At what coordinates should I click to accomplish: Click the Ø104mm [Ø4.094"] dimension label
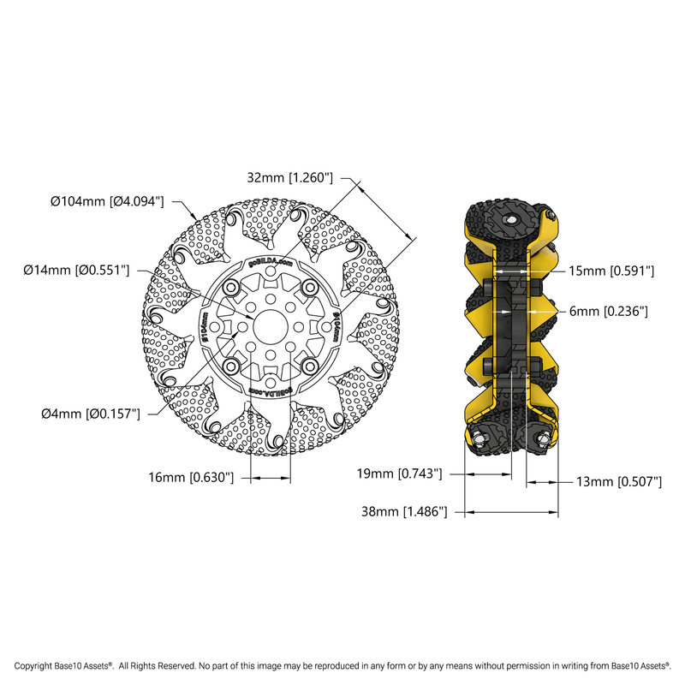click(107, 202)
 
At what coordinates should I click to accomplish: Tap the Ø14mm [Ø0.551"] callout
click(77, 271)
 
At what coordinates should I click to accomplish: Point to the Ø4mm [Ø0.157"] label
click(90, 414)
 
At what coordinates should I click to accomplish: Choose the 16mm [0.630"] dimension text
click(190, 477)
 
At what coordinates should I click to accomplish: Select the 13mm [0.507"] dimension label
click(619, 483)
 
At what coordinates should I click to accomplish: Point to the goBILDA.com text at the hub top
click(271, 262)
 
